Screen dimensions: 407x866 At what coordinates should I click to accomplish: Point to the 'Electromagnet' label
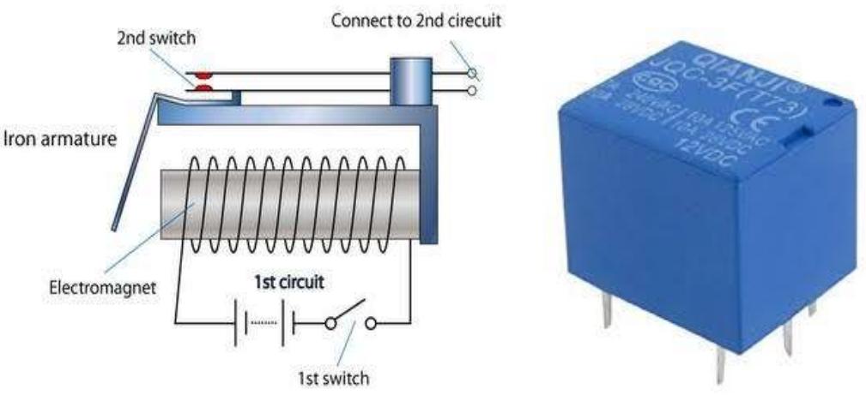(102, 288)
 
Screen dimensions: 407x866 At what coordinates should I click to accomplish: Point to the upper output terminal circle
(472, 74)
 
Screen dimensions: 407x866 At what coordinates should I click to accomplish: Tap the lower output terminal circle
(472, 89)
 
